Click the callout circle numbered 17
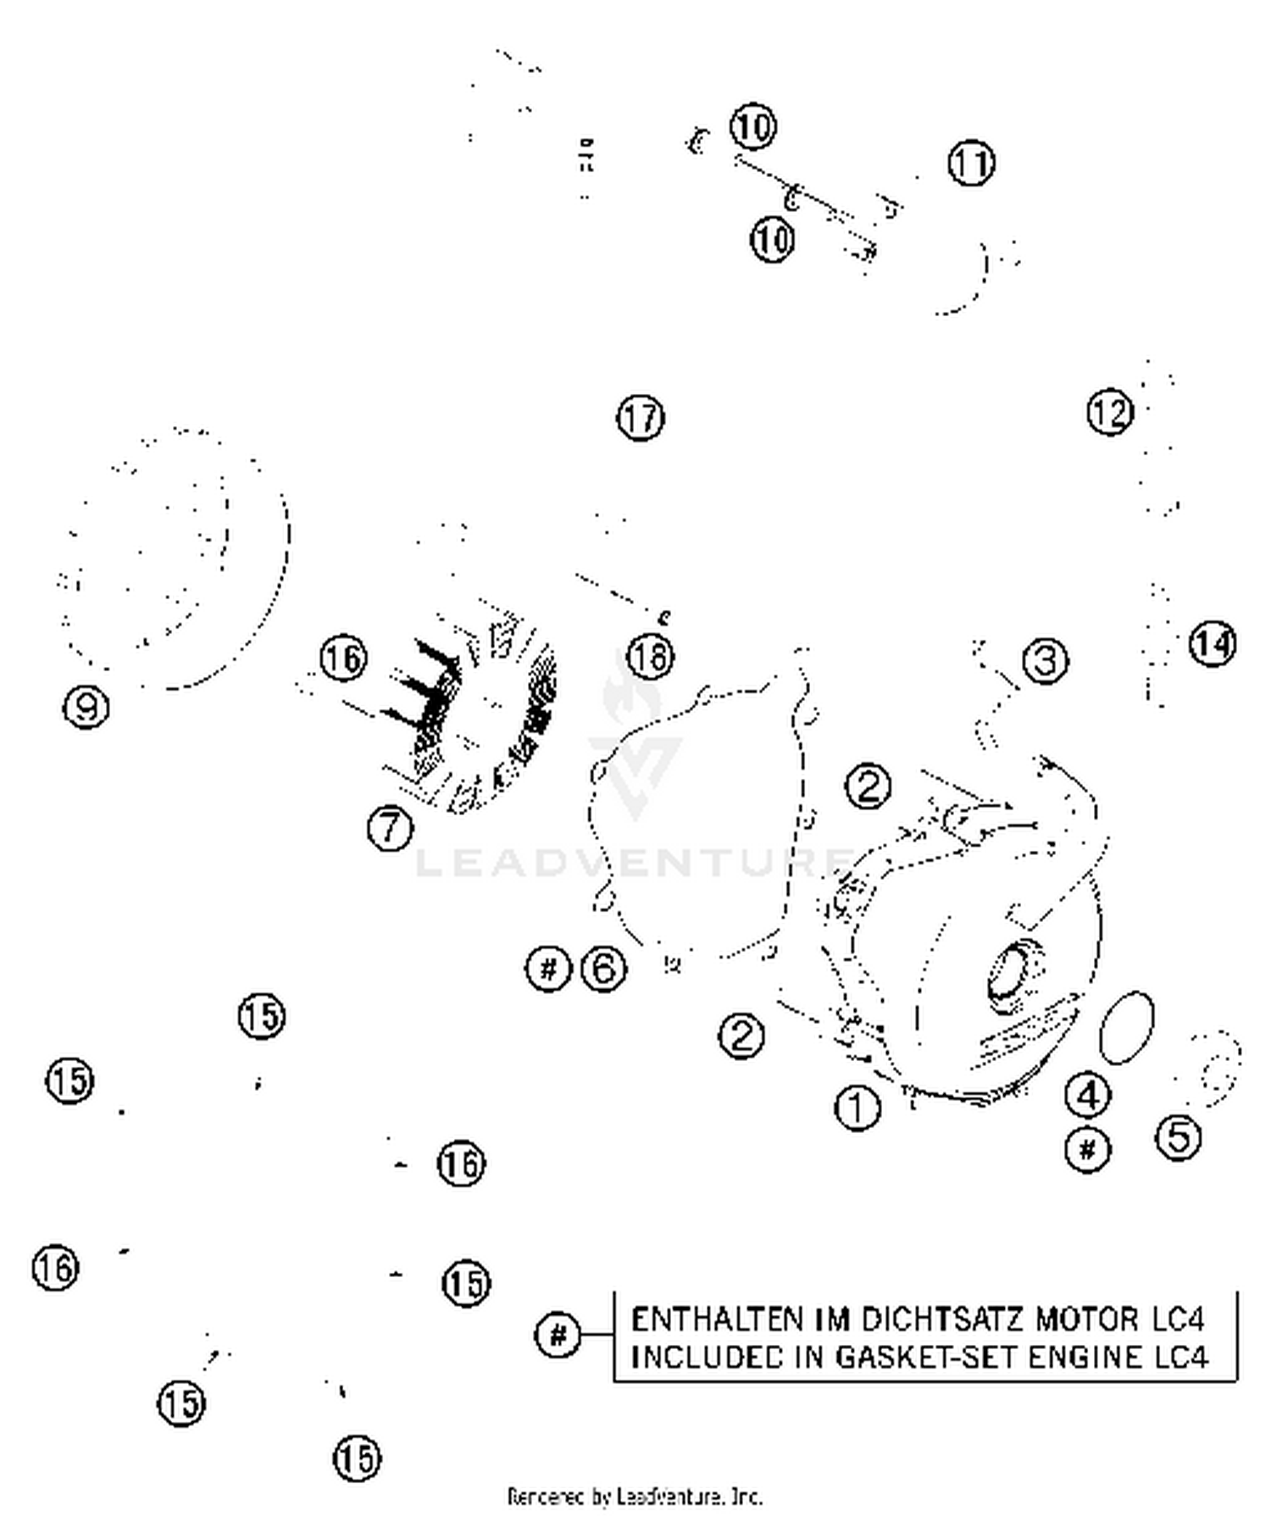(641, 418)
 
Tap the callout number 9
(87, 706)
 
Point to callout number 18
(651, 657)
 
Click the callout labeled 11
(971, 163)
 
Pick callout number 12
(1110, 412)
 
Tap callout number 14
(1213, 644)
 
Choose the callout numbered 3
(1046, 660)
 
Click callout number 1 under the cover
(858, 1108)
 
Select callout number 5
(1179, 1136)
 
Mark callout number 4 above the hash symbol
(1088, 1095)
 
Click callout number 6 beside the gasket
(604, 968)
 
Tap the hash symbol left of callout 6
(549, 968)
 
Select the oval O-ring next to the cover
(1126, 1027)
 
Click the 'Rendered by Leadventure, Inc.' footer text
(635, 1497)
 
